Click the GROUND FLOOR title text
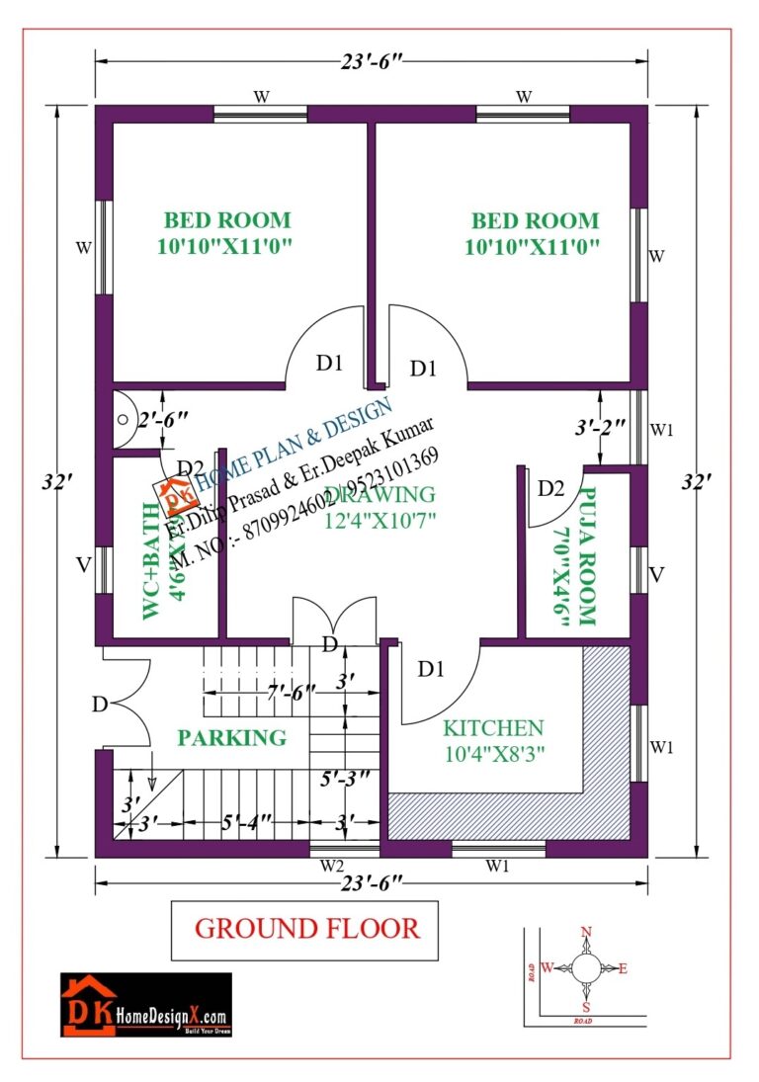pos(306,929)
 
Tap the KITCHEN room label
pos(492,728)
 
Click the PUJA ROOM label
pos(585,557)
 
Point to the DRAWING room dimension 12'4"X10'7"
pos(380,518)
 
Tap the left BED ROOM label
pos(227,220)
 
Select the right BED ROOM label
pos(534,220)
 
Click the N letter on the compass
pos(586,932)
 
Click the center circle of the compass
pos(586,967)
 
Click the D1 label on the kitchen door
pos(430,669)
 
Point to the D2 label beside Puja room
pos(550,488)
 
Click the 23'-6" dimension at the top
pos(371,61)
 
